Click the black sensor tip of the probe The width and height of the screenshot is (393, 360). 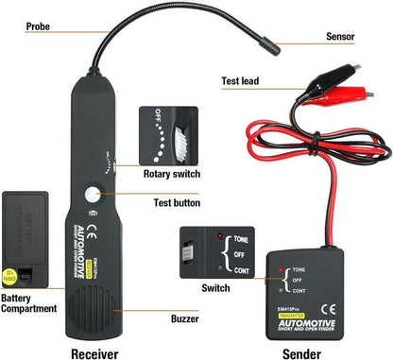pos(277,43)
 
